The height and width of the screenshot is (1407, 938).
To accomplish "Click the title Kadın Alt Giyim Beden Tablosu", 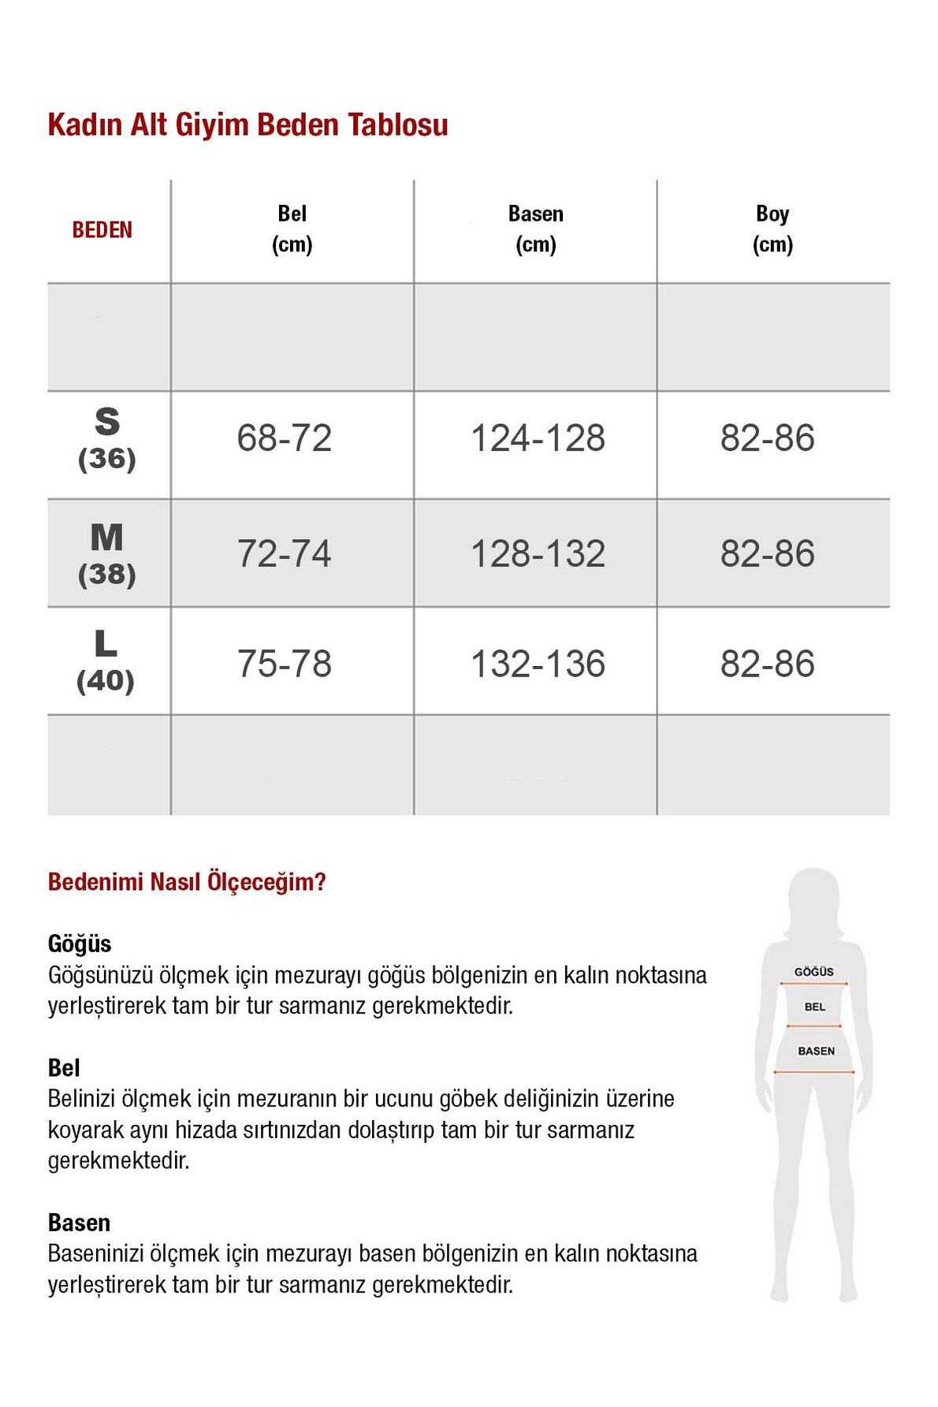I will pyautogui.click(x=248, y=125).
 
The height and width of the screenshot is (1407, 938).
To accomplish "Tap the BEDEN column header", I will pyautogui.click(x=102, y=230).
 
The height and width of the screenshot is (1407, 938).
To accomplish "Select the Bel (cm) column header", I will pyautogui.click(x=292, y=229).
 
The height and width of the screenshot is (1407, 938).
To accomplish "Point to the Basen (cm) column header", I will pyautogui.click(x=535, y=229).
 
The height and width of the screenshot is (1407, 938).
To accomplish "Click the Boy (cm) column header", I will pyautogui.click(x=772, y=229).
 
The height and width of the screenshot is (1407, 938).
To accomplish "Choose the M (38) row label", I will pyautogui.click(x=107, y=554).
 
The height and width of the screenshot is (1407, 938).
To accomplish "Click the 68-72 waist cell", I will pyautogui.click(x=284, y=438).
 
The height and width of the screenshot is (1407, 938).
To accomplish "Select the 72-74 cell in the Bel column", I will pyautogui.click(x=284, y=553).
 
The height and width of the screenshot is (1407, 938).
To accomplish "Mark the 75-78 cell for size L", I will pyautogui.click(x=284, y=664).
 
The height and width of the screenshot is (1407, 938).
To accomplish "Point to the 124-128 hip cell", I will pyautogui.click(x=538, y=438).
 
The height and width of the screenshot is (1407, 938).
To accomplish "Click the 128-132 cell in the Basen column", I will pyautogui.click(x=538, y=553).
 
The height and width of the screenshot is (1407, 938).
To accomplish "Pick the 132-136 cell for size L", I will pyautogui.click(x=538, y=664).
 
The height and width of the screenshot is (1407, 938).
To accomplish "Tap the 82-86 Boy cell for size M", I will pyautogui.click(x=767, y=553).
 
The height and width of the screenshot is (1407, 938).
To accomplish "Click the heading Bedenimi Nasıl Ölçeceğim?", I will pyautogui.click(x=187, y=882).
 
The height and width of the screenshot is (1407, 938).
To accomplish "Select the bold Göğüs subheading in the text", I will pyautogui.click(x=80, y=944).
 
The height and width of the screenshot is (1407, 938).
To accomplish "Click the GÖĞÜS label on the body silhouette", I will pyautogui.click(x=813, y=972).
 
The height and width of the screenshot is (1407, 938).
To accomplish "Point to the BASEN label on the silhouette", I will pyautogui.click(x=816, y=1051).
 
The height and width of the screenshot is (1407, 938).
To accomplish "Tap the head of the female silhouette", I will pyautogui.click(x=814, y=899).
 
